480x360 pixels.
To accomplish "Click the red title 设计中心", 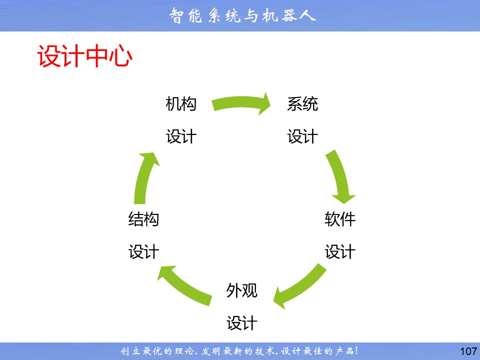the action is [x=85, y=56].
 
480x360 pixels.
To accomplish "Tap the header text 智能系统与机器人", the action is [x=242, y=15].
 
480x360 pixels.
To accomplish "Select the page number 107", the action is [x=468, y=351].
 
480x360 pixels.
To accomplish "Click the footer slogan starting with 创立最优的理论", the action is [x=239, y=351].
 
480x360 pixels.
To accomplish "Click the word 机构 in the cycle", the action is [x=181, y=104].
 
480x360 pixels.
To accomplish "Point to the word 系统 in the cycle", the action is [x=302, y=104].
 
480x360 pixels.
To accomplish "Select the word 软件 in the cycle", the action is [x=340, y=219].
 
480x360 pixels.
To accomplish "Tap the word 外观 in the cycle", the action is [x=241, y=290].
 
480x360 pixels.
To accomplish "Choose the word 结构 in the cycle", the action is [x=143, y=219].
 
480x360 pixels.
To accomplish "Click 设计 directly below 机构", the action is [x=181, y=136].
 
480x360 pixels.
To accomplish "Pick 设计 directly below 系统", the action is [x=302, y=136].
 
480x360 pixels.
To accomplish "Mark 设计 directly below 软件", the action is [x=340, y=252].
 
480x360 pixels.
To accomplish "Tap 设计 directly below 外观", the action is [x=241, y=323].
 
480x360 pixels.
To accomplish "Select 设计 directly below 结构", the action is [x=143, y=252].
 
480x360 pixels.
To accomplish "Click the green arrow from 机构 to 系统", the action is [x=240, y=102].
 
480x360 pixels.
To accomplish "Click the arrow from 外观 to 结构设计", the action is [x=183, y=286].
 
